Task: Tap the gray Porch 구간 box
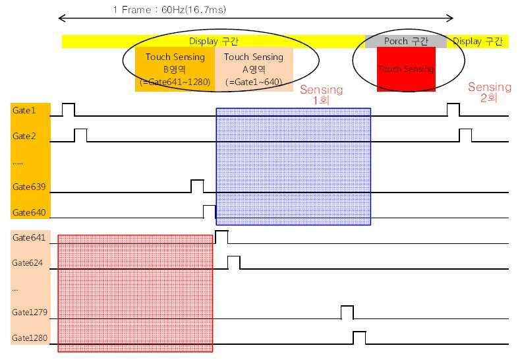coord(406,42)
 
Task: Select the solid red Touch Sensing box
coord(406,69)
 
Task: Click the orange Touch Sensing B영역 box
coord(175,69)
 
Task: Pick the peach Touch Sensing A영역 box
coord(254,69)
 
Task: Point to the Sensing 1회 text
coord(321,96)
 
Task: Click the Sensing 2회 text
coord(489,92)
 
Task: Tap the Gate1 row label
coord(23,111)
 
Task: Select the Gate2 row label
coord(23,136)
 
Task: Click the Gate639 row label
coord(26,187)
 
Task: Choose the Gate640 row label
coord(26,212)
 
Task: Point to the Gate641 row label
coord(26,237)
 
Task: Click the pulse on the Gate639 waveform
coord(197,185)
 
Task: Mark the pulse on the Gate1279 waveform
coord(347,312)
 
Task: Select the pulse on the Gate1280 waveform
coord(359,338)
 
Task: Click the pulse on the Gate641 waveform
coord(221,237)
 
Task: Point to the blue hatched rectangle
coord(293,167)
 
